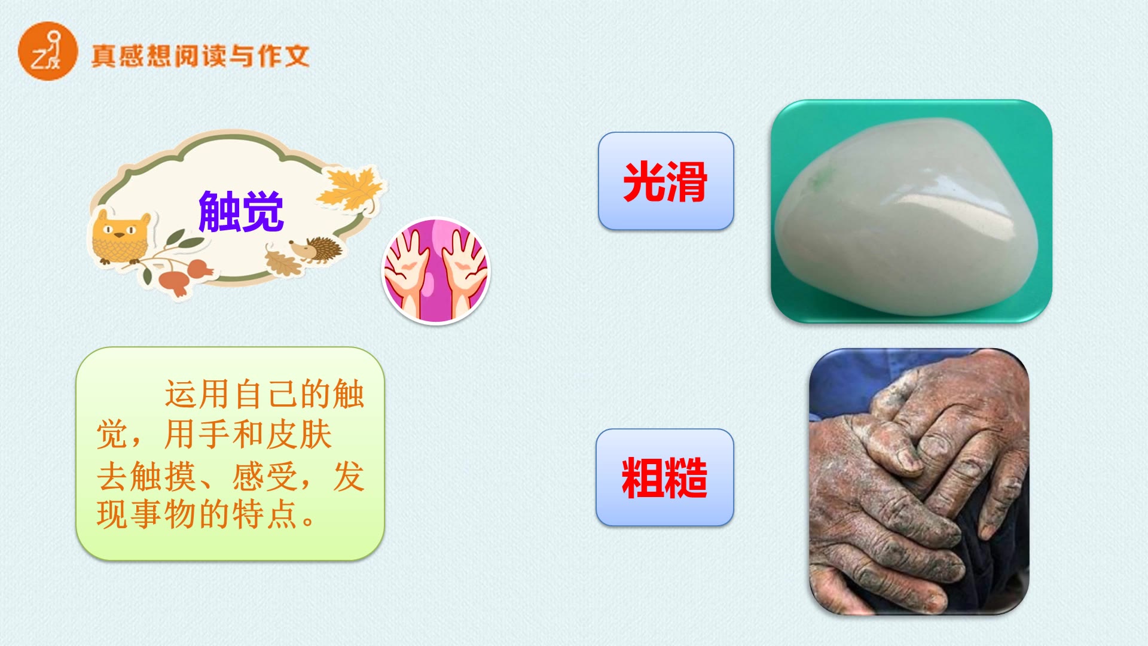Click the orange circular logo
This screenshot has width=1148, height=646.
[x=48, y=51]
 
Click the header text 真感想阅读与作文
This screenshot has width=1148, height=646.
[x=200, y=56]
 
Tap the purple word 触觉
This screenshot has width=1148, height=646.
[x=240, y=211]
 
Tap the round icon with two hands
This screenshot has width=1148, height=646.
[x=435, y=271]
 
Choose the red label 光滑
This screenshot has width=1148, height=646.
[x=665, y=181]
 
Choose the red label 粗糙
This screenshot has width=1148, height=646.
[x=664, y=477]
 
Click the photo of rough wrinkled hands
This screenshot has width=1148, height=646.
[x=918, y=482]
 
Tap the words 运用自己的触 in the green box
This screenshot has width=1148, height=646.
[x=264, y=394]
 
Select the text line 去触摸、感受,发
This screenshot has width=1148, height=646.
[x=230, y=477]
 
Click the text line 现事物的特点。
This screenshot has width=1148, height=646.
[x=206, y=514]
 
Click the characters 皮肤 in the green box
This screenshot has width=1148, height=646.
[x=298, y=434]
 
